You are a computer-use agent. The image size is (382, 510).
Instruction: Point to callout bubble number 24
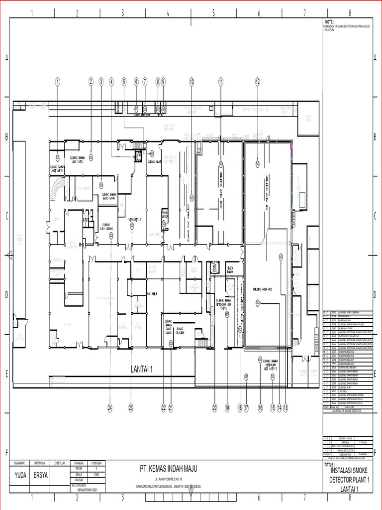tap(110, 407)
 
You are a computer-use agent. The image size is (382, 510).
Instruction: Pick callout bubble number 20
tap(215, 407)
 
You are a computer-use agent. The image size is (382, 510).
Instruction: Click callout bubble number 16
tap(260, 407)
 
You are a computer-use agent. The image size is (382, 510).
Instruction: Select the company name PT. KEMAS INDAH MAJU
tap(169, 469)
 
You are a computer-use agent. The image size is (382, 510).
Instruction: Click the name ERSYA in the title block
tap(41, 475)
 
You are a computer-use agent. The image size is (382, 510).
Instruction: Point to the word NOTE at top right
tap(329, 22)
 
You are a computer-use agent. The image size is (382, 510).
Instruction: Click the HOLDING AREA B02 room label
tap(264, 289)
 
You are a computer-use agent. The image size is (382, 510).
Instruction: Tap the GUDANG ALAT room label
tap(153, 161)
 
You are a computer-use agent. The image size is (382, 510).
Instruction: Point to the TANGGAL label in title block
tap(79, 463)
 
